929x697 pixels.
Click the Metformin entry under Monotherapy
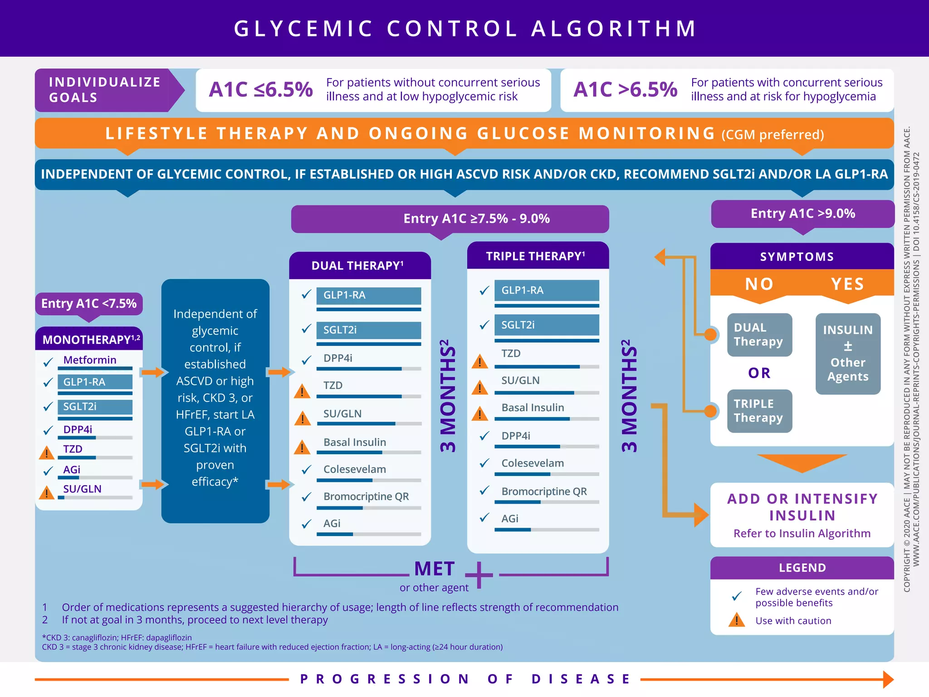point(90,360)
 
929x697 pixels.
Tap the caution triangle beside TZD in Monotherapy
point(46,452)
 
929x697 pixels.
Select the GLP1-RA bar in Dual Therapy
point(368,295)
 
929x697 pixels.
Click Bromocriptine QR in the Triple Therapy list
point(544,491)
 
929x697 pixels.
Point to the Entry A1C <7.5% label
point(89,304)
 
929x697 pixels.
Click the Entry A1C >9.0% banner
point(802,214)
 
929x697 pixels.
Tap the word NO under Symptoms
point(759,284)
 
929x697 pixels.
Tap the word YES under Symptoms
point(847,284)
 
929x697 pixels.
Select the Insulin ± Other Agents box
point(848,353)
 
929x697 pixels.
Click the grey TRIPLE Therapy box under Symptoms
point(759,411)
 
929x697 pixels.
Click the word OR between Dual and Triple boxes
point(759,373)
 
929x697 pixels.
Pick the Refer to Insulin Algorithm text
point(802,534)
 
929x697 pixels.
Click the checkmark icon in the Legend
point(737,596)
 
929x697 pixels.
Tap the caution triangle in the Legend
point(736,620)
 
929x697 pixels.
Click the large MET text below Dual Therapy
point(434,569)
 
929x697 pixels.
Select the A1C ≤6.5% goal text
point(261,89)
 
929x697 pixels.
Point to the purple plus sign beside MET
point(479,575)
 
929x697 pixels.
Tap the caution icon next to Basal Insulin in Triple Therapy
point(479,413)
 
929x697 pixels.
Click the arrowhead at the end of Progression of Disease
point(888,679)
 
